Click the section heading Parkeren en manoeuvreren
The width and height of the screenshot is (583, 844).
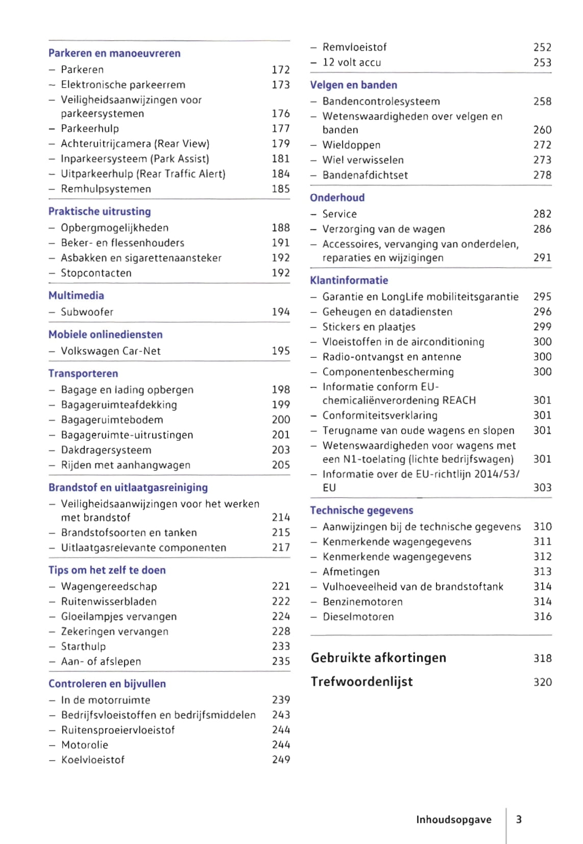(x=114, y=53)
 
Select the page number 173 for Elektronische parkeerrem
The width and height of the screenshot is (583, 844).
(x=280, y=85)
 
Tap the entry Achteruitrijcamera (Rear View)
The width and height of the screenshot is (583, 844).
(x=135, y=144)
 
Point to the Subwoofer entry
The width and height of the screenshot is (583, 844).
(x=87, y=312)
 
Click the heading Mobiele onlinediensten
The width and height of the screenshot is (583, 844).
(x=105, y=335)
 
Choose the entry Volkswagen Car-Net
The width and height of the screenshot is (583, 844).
(x=110, y=351)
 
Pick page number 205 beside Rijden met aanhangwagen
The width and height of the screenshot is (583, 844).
(x=280, y=465)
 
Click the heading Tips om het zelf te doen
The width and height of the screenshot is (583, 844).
(x=107, y=570)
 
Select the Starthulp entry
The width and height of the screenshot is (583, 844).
(x=83, y=647)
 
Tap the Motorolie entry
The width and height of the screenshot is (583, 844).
(x=84, y=745)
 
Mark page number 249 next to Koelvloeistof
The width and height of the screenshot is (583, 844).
(x=281, y=760)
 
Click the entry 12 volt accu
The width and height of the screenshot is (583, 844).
(x=351, y=63)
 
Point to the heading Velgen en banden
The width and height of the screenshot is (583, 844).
(x=353, y=85)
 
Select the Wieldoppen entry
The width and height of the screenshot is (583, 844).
(x=351, y=145)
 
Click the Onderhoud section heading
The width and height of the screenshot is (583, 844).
(x=337, y=198)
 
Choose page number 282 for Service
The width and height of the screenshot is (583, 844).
(x=542, y=214)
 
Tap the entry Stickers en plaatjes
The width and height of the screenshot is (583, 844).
(x=369, y=327)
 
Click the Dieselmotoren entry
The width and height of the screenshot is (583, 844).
(x=358, y=617)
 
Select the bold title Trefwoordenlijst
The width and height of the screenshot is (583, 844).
(x=361, y=682)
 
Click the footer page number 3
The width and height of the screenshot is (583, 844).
(x=519, y=820)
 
